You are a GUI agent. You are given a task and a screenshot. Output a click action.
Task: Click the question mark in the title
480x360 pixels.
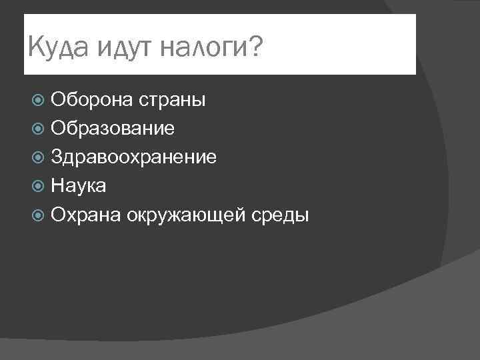tap(255, 47)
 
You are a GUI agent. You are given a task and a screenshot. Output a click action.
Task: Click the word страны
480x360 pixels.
tap(173, 101)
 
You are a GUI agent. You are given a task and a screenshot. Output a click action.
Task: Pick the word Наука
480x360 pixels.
tap(78, 186)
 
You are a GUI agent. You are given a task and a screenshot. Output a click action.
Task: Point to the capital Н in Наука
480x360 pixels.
tap(57, 186)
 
